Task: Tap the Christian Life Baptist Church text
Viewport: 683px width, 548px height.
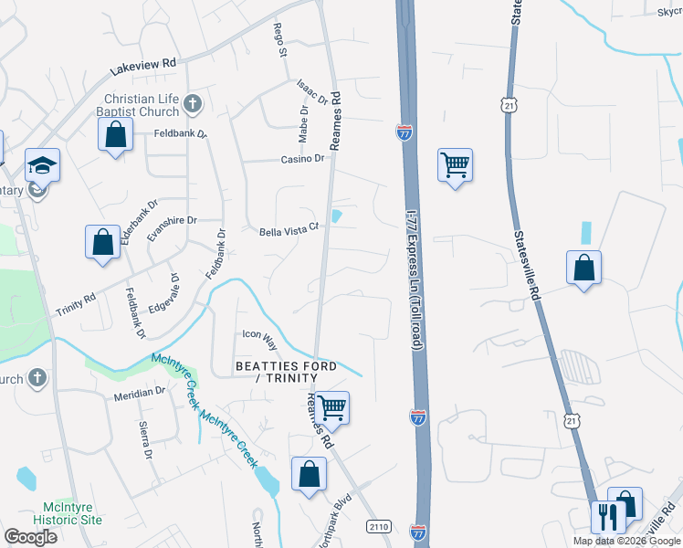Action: point(142,106)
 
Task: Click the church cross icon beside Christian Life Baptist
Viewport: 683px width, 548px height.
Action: point(192,104)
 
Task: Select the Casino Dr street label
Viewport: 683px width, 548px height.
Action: point(302,159)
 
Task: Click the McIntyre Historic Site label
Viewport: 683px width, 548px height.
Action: point(72,512)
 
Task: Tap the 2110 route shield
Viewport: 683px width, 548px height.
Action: point(379,526)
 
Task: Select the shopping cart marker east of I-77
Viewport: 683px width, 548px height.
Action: point(455,165)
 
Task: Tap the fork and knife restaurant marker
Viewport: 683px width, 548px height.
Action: point(606,517)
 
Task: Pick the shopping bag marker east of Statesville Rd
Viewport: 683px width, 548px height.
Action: point(583,269)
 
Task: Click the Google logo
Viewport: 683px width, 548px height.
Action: point(30,537)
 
